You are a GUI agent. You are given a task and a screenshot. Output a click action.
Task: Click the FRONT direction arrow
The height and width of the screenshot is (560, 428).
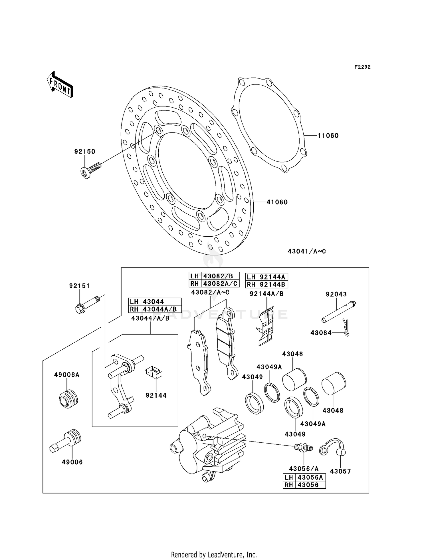point(60,85)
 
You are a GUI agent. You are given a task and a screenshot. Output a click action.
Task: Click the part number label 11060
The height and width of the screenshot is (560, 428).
point(328,136)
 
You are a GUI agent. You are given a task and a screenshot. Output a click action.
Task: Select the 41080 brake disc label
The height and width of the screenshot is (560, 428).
point(277,202)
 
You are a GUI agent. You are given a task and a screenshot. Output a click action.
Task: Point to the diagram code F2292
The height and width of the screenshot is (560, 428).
point(362,67)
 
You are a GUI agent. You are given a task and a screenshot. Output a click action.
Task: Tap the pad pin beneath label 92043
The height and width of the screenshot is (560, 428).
point(339,312)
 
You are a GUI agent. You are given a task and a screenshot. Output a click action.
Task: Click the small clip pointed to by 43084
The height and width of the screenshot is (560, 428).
point(346,328)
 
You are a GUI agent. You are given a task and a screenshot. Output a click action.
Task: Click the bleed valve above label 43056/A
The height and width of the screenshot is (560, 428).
point(303,447)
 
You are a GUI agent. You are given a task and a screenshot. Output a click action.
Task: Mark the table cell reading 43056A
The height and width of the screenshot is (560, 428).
point(310,477)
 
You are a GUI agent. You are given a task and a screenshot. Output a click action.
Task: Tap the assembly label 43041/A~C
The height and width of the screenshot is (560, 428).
point(307,251)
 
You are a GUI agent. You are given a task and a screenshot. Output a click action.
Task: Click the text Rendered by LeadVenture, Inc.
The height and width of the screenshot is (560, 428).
point(214,555)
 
